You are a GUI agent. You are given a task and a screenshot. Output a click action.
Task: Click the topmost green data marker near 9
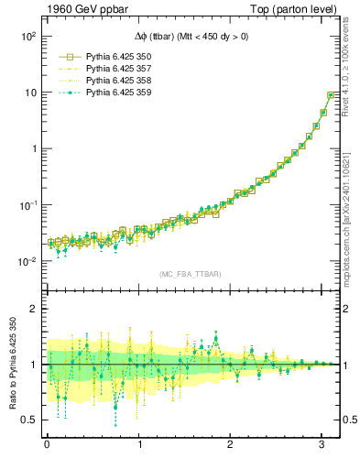[x=331, y=95]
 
